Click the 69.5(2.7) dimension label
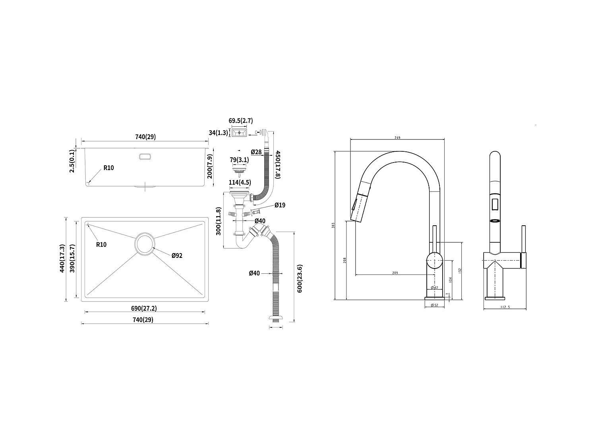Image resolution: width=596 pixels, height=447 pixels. (x=240, y=121)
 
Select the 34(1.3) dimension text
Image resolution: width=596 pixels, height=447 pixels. (x=218, y=132)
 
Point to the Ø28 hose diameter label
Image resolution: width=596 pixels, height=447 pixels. (x=256, y=152)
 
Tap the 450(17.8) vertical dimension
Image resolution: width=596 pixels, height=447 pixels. (x=278, y=164)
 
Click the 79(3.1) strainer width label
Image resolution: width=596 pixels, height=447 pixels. (x=239, y=160)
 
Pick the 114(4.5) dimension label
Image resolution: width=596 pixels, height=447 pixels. (x=239, y=183)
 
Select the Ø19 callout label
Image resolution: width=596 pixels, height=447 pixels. (x=280, y=205)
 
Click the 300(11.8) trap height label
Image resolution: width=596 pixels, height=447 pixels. (x=219, y=221)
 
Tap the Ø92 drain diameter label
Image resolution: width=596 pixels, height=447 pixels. (x=177, y=255)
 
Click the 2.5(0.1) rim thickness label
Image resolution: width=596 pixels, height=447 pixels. (x=72, y=161)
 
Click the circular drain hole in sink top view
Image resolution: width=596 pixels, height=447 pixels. (x=144, y=244)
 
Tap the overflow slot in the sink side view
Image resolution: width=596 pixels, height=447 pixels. (x=145, y=157)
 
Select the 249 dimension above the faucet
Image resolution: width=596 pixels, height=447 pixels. (x=397, y=137)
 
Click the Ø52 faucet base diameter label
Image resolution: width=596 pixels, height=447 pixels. (x=434, y=305)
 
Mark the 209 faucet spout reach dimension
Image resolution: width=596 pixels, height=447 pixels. (x=395, y=273)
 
